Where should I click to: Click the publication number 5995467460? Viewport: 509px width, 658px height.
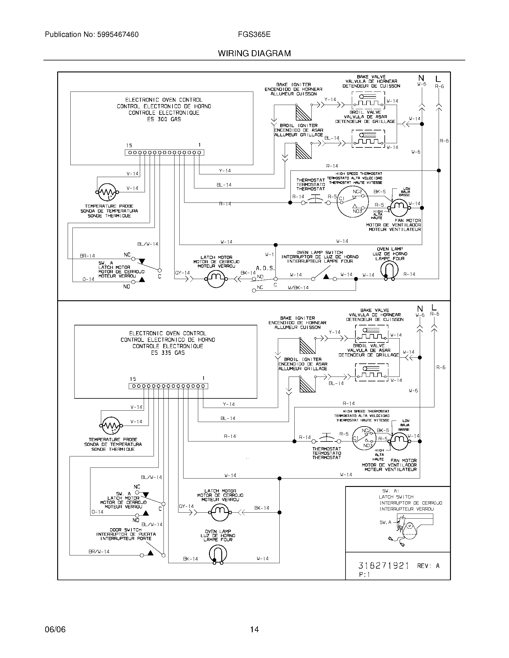pos(118,35)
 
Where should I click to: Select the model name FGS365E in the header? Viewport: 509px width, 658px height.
pos(254,35)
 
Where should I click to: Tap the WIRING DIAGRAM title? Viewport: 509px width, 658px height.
pos(254,54)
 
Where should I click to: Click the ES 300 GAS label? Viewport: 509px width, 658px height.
pos(164,119)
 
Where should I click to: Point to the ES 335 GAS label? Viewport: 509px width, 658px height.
pos(168,353)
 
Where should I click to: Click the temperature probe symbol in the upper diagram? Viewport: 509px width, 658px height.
pos(108,192)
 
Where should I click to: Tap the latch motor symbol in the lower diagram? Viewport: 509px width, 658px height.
pos(219,512)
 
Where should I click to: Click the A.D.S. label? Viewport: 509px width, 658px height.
pos(265,268)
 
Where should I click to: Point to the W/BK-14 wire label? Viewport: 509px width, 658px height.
pos(298,288)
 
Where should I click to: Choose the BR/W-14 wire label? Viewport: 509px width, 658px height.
pos(99,552)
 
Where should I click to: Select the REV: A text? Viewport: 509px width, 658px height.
pos(428,566)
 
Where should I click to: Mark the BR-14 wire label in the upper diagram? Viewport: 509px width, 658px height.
pos(87,256)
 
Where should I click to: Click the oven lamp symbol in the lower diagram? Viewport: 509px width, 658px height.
pos(218,554)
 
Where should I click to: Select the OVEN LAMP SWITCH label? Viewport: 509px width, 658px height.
pos(320,253)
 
